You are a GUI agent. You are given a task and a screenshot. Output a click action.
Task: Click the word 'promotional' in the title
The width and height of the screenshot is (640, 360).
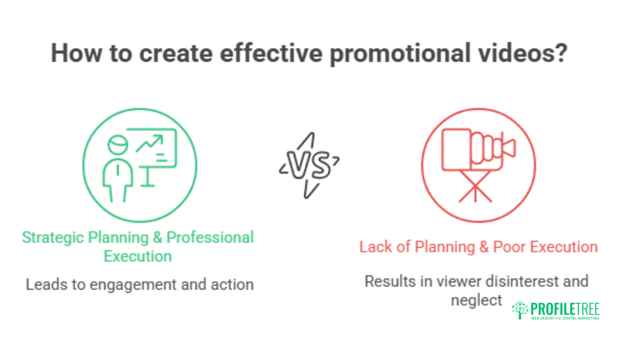pos(400,53)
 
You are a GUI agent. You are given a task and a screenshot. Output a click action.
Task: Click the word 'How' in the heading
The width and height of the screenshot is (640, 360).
pos(76,53)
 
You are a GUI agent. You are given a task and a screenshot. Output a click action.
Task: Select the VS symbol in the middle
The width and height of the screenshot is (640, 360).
pos(309,165)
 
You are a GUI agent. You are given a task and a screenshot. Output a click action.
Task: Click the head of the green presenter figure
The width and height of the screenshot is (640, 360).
pos(118,145)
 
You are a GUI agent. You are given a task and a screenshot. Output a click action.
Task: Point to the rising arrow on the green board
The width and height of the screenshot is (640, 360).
pos(150,143)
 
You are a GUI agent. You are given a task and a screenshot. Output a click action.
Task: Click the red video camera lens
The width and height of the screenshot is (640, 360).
pos(509,148)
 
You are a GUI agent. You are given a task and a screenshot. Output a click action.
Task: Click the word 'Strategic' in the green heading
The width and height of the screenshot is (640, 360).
pos(53,238)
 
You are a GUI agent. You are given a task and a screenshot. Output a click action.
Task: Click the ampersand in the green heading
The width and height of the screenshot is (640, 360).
pos(157,238)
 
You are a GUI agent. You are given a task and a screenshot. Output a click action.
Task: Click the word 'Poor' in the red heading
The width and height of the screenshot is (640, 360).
pos(509,247)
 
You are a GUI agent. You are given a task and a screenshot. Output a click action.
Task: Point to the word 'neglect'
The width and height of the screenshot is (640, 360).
pos(476,301)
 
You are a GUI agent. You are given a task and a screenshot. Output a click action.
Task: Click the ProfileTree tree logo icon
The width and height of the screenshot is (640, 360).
pos(520,310)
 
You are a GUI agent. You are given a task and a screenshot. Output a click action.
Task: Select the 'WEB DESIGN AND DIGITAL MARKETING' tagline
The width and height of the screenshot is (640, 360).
pos(565,318)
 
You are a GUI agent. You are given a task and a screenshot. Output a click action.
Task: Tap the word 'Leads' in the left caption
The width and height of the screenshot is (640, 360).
pos(47,285)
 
